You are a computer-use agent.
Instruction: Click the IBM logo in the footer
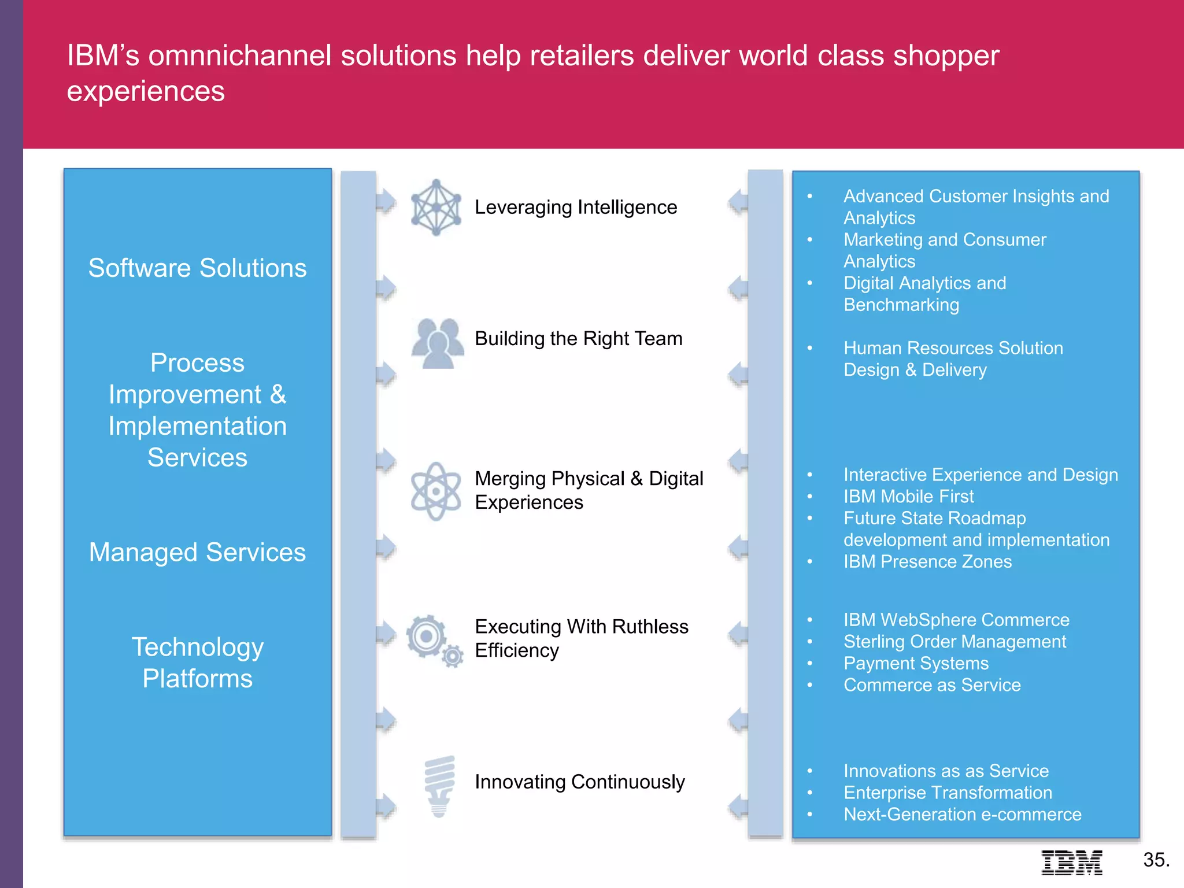(1072, 862)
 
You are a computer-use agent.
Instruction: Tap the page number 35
(1156, 860)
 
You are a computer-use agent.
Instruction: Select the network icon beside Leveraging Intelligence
(436, 208)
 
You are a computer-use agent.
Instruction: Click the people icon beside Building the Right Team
(438, 343)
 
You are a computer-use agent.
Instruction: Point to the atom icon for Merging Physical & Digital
(436, 491)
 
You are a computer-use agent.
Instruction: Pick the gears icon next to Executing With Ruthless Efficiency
(434, 641)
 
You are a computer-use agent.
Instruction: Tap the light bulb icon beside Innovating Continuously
(439, 786)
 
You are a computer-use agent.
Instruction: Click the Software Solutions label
(198, 268)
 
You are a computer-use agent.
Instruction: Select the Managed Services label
(198, 552)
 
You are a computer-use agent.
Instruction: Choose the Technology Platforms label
(198, 663)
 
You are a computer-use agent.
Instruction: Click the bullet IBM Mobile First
(908, 496)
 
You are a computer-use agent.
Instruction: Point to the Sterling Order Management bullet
(954, 641)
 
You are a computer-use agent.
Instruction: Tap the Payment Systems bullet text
(916, 663)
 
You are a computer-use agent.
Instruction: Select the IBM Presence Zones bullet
(927, 561)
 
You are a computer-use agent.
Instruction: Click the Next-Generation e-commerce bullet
(962, 814)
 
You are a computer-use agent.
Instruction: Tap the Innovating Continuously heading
(579, 782)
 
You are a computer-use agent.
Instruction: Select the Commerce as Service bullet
(932, 685)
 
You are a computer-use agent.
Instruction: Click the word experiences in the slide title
(146, 91)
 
